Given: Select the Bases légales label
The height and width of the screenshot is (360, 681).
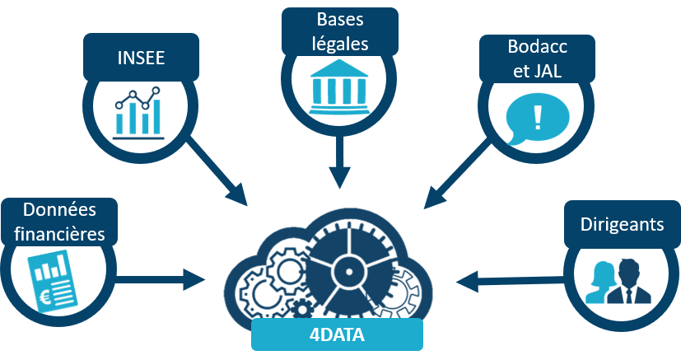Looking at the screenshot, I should coord(340,30).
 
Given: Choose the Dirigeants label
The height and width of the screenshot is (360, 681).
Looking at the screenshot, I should coord(622,223).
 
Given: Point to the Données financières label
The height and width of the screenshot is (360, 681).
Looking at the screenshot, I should coord(58,222).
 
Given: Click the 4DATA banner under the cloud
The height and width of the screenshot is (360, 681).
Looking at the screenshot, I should coord(337,335).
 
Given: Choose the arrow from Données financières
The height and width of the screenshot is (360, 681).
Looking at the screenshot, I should coord(161,278).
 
